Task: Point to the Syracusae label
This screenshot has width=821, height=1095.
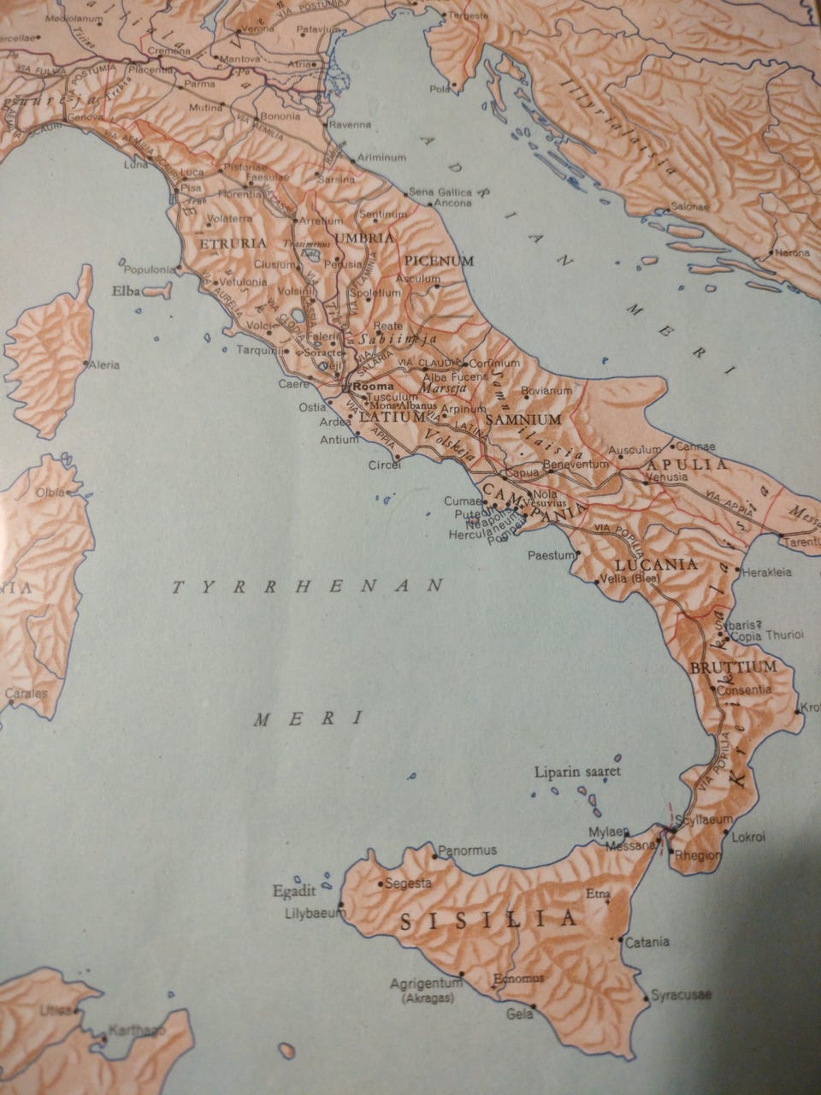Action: (681, 995)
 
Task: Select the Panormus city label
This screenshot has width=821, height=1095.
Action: (466, 850)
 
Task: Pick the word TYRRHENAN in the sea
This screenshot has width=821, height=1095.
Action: (308, 587)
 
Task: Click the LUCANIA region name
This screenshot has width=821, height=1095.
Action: (656, 565)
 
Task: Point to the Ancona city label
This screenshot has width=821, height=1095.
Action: (453, 203)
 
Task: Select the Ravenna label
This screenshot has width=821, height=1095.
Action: (351, 124)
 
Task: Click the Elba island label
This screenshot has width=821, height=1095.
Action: (126, 291)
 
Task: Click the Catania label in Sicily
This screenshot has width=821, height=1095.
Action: (647, 943)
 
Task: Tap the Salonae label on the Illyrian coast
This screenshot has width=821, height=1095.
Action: (690, 206)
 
